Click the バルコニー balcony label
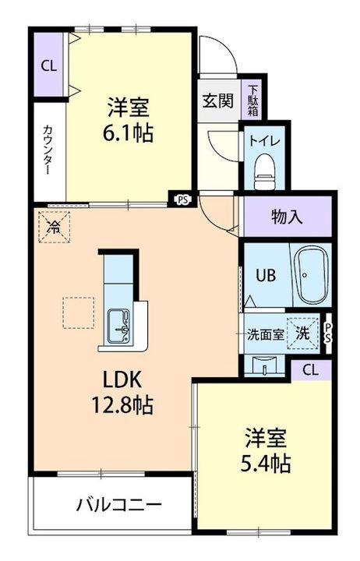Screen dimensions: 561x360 click(x=119, y=505)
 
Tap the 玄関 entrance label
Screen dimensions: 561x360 click(x=217, y=101)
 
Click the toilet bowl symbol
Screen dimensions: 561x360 click(x=265, y=167)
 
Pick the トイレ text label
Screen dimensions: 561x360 click(x=265, y=141)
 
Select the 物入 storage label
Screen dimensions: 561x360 click(x=288, y=217)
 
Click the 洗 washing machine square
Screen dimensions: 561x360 click(x=302, y=333)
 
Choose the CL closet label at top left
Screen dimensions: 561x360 click(x=48, y=66)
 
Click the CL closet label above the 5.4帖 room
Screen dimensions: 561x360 click(x=311, y=369)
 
